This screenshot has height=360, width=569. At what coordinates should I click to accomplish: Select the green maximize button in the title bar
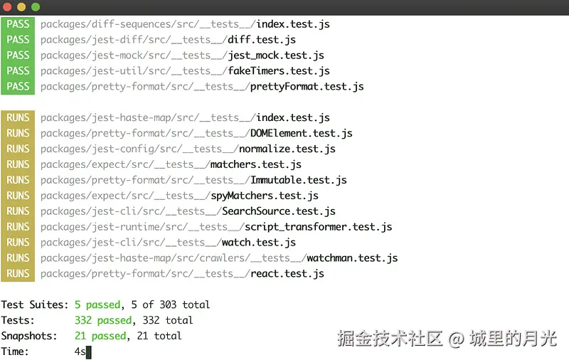(x=36, y=6)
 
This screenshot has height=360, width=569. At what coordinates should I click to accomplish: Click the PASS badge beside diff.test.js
(x=18, y=40)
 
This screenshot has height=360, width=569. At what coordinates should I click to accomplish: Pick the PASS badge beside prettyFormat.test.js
(x=18, y=87)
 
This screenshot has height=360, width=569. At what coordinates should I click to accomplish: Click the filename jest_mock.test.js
(x=276, y=55)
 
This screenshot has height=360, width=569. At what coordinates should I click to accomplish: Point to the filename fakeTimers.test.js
(x=279, y=71)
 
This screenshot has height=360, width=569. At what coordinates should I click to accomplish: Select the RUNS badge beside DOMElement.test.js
(x=18, y=134)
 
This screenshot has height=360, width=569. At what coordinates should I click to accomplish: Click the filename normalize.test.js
(x=287, y=149)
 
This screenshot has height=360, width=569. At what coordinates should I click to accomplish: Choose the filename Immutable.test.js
(x=299, y=181)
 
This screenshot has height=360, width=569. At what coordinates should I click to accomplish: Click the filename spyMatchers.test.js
(x=265, y=196)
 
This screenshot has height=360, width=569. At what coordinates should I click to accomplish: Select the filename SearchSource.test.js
(x=279, y=212)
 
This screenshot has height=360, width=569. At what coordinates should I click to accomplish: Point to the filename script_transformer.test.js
(x=319, y=228)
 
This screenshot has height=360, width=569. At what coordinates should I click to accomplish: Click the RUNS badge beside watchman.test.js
(x=18, y=258)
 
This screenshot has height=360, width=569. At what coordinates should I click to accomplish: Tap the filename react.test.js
(x=287, y=274)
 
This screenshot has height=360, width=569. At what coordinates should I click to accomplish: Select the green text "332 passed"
(x=103, y=321)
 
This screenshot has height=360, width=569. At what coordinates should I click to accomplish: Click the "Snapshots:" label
(x=30, y=337)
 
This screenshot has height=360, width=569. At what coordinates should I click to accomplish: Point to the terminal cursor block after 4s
(x=89, y=352)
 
